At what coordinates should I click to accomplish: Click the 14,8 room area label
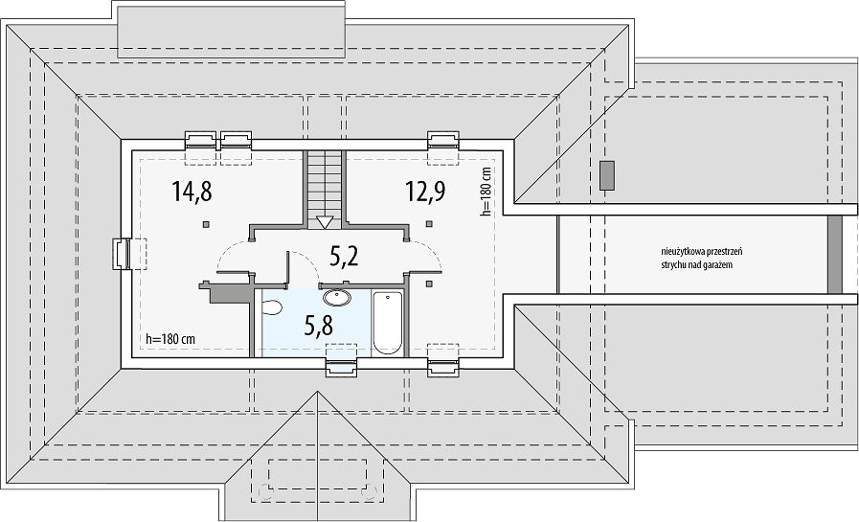(x=192, y=192)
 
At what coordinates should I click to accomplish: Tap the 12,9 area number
(x=425, y=192)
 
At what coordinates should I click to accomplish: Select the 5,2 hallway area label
(x=345, y=255)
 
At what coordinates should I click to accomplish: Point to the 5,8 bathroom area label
(x=318, y=326)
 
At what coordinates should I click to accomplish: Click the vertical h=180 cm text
(x=486, y=192)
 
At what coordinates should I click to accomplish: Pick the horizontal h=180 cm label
(x=170, y=339)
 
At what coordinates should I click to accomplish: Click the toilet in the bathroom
(x=271, y=307)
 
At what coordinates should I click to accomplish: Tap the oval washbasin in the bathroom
(x=338, y=298)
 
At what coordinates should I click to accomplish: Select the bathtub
(x=388, y=323)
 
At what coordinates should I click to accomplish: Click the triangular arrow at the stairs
(x=326, y=222)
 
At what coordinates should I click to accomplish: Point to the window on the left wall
(x=123, y=254)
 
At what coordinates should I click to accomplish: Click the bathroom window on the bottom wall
(x=342, y=366)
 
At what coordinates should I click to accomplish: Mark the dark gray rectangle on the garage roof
(x=606, y=175)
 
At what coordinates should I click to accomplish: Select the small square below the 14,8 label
(x=205, y=223)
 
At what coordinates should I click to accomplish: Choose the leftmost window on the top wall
(x=201, y=140)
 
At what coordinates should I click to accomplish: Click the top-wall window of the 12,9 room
(x=443, y=140)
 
